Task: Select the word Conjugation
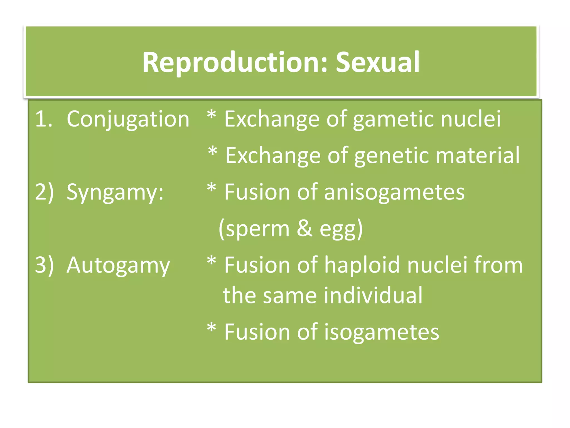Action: point(128,119)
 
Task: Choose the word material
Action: point(477,155)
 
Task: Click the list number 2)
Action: point(44,192)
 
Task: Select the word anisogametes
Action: point(394,192)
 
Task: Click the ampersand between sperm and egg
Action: point(304,228)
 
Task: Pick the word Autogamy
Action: point(118,265)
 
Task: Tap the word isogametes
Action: point(381,332)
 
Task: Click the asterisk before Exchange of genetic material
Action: point(213,152)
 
